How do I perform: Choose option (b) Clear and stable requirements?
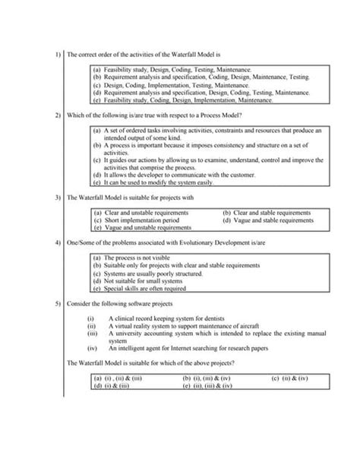pos(262,213)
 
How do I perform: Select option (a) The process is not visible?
pos(129,258)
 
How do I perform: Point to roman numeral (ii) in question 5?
pos(92,324)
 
